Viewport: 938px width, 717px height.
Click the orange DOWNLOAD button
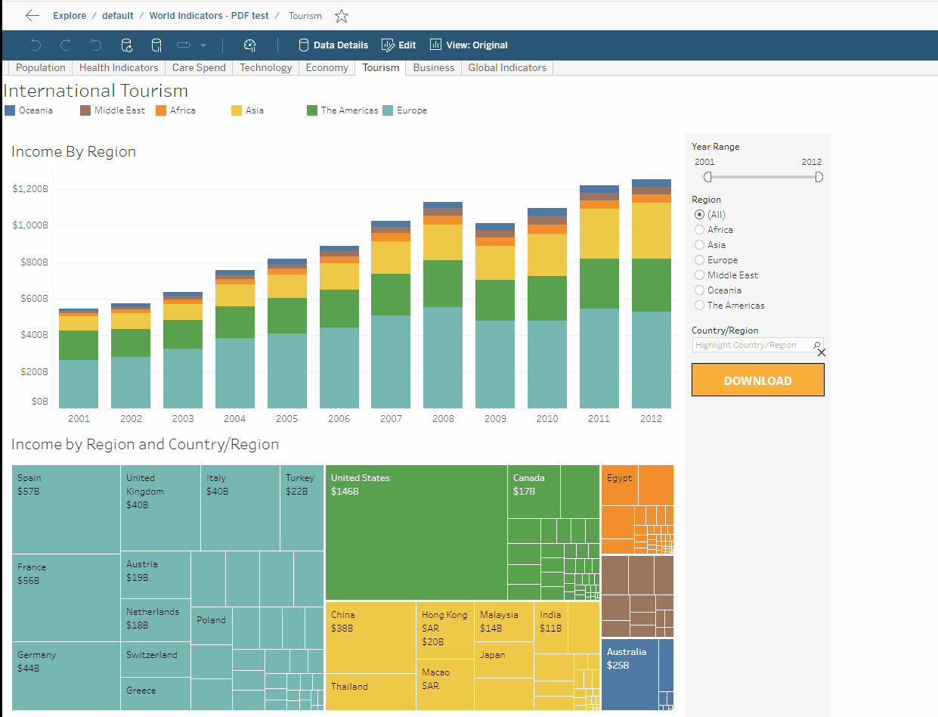[x=757, y=380]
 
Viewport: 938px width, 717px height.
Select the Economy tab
[x=327, y=67]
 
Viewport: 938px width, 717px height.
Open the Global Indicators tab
[x=506, y=67]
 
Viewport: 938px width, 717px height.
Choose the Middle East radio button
[x=699, y=275]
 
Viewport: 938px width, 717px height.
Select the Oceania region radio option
[x=699, y=290]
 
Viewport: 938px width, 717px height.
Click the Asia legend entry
[x=255, y=110]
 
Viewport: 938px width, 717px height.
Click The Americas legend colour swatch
[x=312, y=110]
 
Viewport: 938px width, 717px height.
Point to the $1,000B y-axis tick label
[x=30, y=225]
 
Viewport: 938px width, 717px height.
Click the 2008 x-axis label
[x=443, y=418]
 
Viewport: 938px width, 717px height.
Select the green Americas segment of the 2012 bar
[x=651, y=285]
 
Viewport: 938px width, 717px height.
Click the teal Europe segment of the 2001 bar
[x=79, y=384]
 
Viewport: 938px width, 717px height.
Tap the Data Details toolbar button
[x=333, y=45]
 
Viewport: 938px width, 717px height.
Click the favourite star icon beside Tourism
[x=342, y=16]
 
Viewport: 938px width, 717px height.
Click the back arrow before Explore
[x=33, y=16]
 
